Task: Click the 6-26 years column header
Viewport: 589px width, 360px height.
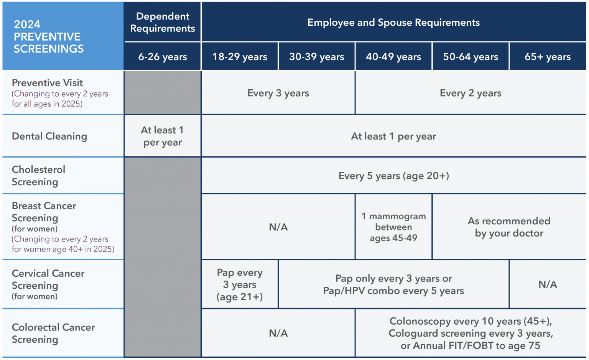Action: click(163, 57)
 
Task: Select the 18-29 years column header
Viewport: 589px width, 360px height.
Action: click(240, 57)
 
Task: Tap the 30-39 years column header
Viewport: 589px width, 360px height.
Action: click(317, 57)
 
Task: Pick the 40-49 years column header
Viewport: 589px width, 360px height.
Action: click(393, 57)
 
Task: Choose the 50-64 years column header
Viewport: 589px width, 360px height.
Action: click(471, 57)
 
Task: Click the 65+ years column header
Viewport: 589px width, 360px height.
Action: click(548, 57)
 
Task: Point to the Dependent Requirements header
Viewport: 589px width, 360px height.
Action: click(163, 22)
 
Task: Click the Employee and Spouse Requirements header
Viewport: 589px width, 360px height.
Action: click(393, 22)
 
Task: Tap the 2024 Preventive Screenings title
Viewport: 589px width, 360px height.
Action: click(49, 36)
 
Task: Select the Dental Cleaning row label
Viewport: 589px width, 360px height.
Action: click(49, 136)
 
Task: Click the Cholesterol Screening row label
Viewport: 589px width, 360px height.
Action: click(38, 176)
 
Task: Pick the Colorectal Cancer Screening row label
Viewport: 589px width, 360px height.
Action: click(53, 333)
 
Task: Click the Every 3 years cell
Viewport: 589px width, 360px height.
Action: click(278, 93)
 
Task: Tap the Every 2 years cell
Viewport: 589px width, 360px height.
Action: click(471, 93)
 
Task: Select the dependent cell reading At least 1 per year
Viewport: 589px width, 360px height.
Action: click(163, 136)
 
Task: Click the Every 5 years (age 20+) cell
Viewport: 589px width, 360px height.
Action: click(393, 176)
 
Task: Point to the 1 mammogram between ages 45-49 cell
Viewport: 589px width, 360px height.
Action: click(393, 227)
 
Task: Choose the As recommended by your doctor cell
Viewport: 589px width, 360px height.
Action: click(509, 227)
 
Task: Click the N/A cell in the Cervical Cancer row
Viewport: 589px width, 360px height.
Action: click(548, 284)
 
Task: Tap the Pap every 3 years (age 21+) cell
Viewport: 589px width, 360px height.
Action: click(240, 284)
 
